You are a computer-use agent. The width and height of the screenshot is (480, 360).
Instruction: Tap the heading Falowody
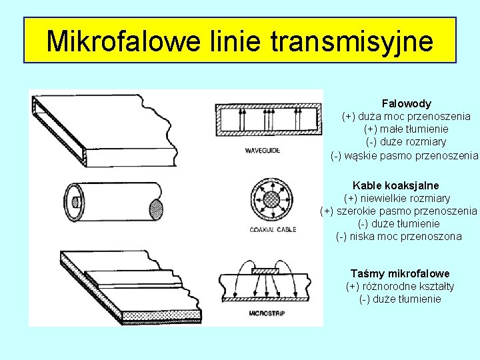[x=406, y=103]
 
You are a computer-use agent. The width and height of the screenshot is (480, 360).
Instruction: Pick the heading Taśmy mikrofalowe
[x=400, y=273]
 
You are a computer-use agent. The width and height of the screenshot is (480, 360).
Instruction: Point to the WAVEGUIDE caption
[x=262, y=151]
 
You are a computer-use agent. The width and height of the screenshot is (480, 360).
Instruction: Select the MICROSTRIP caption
[x=267, y=312]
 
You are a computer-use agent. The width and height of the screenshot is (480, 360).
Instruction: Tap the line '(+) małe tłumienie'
[x=406, y=129]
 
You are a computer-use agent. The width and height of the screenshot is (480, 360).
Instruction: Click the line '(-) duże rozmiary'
[x=406, y=141]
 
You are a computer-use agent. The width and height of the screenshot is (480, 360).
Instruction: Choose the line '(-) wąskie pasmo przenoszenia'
[x=405, y=155]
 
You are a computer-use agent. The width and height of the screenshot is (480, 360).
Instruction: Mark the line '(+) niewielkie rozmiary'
[x=397, y=198]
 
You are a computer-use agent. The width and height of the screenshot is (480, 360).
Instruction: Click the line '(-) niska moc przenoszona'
[x=399, y=236]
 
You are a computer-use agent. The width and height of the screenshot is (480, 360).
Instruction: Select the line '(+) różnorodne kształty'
[x=400, y=286]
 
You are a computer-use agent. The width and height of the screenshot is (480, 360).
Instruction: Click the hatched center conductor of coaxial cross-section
[x=271, y=199]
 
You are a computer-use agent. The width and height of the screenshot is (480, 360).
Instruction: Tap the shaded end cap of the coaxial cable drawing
[x=156, y=211]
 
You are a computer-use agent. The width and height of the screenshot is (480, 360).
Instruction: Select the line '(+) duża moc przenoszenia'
[x=406, y=116]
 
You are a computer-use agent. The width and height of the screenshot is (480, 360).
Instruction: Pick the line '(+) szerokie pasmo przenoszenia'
[x=399, y=211]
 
